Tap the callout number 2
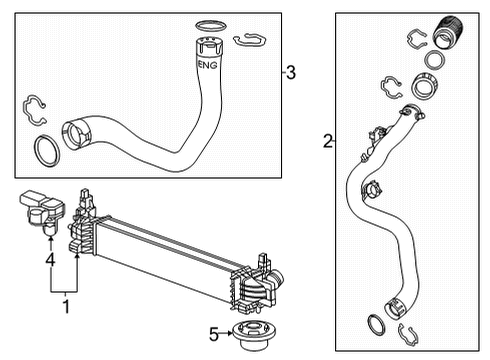[x=328, y=143]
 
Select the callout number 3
[x=289, y=72]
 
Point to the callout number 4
[x=48, y=263]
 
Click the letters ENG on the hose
[x=208, y=65]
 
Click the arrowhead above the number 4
[x=48, y=241]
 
